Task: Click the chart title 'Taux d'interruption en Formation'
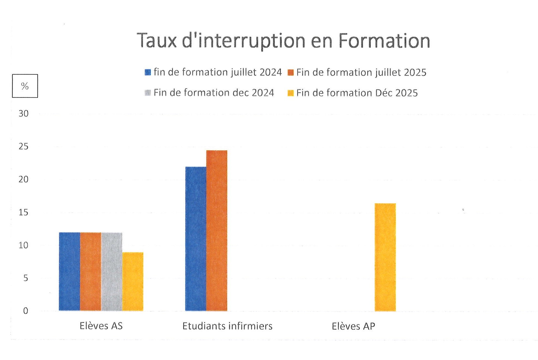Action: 283,41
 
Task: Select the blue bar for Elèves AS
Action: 69,271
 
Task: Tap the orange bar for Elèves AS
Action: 90,271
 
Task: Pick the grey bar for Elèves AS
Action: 111,271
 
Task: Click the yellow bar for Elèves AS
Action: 133,281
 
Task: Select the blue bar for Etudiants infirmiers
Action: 195,239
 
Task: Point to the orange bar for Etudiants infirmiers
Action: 216,230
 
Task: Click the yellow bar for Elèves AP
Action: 385,257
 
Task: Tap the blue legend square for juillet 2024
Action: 148,72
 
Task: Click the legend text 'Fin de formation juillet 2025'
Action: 361,72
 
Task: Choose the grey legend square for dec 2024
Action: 148,93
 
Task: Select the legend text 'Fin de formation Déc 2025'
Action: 357,93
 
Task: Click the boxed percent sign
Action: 25,86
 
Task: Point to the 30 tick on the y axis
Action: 23,113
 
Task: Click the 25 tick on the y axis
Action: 23,146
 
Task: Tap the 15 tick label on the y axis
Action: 23,212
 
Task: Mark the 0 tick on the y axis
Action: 25,311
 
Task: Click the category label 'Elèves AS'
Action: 101,326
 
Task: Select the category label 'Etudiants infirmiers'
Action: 227,326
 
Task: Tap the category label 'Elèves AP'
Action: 353,326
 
